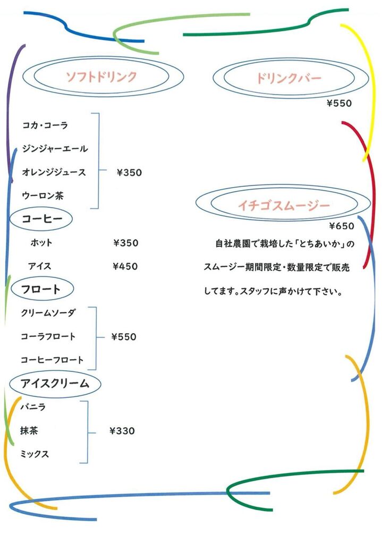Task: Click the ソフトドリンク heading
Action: (x=101, y=76)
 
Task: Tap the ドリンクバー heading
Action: (x=289, y=79)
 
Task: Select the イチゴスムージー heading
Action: (x=284, y=206)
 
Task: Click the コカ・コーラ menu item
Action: (x=45, y=125)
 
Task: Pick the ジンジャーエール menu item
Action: (x=55, y=149)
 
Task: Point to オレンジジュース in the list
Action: (x=54, y=172)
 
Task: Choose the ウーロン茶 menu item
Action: (x=43, y=195)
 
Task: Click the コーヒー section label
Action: (x=42, y=218)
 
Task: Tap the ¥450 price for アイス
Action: (x=125, y=267)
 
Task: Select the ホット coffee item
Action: (x=41, y=242)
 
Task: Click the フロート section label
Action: (x=41, y=289)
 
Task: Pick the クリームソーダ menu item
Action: (x=48, y=313)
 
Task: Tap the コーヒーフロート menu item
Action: (x=52, y=360)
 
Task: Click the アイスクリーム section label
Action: (x=55, y=384)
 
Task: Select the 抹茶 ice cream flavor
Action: (x=29, y=430)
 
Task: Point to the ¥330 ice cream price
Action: (x=122, y=431)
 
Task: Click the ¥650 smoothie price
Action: (x=342, y=226)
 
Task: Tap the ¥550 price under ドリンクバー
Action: (x=339, y=104)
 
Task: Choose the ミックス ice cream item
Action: (x=35, y=454)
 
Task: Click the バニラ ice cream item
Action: (x=33, y=406)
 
